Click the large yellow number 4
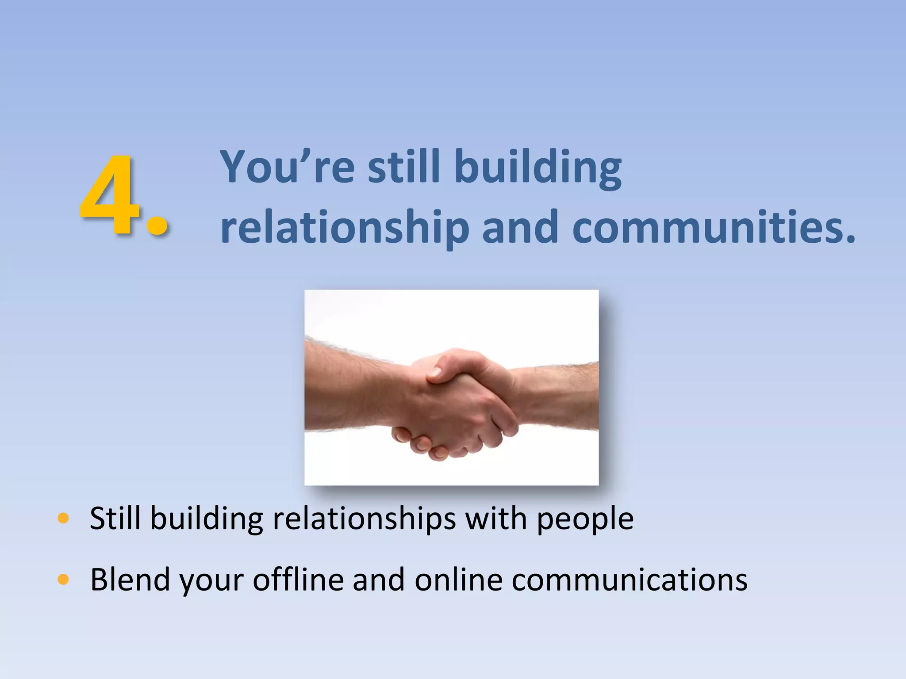110,195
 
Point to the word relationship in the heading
345,228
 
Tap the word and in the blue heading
520,227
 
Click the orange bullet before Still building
63,518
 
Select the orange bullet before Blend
63,579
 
